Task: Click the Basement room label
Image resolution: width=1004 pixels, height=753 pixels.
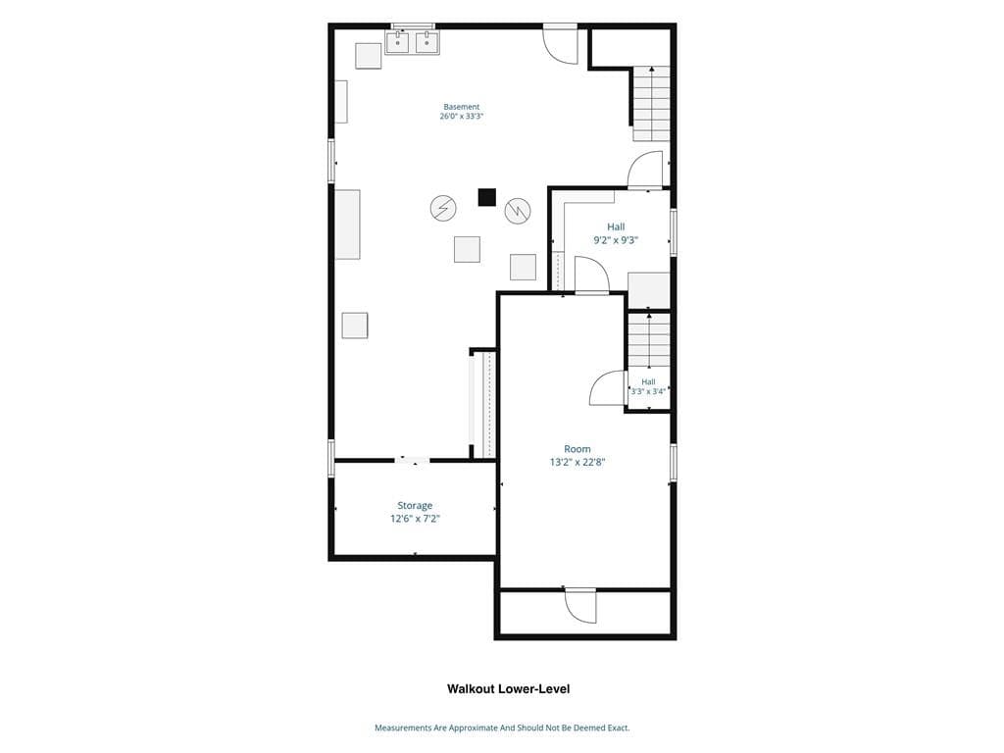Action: [461, 107]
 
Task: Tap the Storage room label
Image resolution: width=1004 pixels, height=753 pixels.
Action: [415, 505]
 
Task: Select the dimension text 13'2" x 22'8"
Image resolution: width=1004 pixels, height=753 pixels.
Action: [577, 462]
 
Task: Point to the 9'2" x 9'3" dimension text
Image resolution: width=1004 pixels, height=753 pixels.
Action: [616, 240]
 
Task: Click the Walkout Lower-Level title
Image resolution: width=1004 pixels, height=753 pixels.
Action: [509, 689]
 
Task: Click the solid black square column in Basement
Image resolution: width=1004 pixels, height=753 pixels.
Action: [486, 197]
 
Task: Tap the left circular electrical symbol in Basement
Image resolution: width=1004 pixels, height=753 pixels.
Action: [443, 208]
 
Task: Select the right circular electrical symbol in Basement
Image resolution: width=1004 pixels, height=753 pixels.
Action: [518, 211]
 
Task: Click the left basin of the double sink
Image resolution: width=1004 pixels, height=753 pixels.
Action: [398, 43]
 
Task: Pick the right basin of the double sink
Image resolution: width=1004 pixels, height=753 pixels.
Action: [427, 43]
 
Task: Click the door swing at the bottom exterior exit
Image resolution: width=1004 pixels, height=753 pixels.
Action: [581, 606]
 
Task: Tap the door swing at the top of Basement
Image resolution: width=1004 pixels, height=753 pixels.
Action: [560, 46]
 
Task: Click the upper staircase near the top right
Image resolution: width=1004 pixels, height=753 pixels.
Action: [651, 104]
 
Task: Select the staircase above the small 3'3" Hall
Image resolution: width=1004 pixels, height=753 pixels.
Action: [649, 340]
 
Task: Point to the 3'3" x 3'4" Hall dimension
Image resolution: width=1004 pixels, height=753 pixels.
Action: [649, 391]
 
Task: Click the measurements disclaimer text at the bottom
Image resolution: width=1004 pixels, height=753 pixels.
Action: [502, 728]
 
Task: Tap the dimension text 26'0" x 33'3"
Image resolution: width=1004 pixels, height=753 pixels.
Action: [461, 117]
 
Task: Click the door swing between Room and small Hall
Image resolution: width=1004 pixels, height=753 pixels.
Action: [607, 388]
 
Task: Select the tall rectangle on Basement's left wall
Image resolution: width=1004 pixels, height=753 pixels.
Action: [348, 225]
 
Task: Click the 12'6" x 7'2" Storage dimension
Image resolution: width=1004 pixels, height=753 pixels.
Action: [415, 519]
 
